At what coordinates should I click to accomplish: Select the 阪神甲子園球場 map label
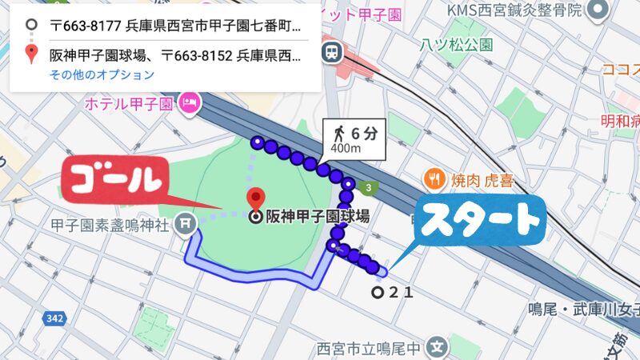[x=317, y=216]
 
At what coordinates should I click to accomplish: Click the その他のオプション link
[x=102, y=75]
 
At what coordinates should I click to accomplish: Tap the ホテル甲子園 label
[x=132, y=103]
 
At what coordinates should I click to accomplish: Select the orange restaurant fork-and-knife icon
[x=434, y=178]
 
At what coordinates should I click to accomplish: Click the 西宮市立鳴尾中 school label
[x=370, y=349]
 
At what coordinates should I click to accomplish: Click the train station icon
[x=330, y=53]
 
